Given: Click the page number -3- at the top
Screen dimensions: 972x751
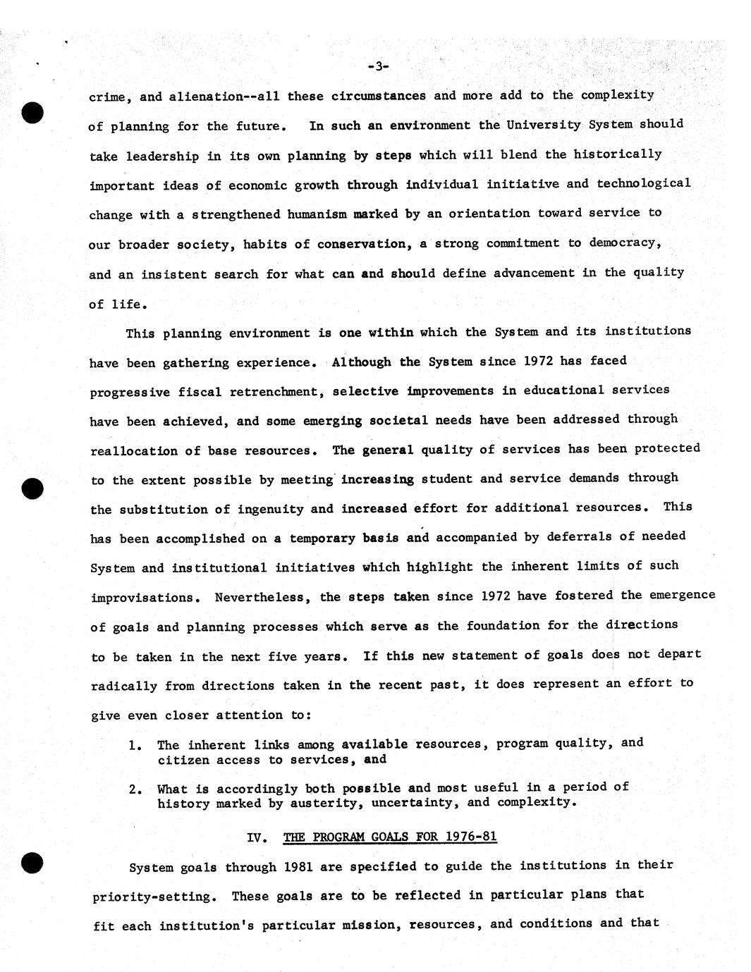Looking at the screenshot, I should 378,66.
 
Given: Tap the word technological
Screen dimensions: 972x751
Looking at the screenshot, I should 643,183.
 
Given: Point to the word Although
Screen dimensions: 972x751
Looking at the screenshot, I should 361,362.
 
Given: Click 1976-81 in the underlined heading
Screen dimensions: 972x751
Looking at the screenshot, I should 471,837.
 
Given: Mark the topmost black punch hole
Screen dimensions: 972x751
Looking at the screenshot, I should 32,113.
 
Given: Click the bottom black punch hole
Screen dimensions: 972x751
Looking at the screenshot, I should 32,863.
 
